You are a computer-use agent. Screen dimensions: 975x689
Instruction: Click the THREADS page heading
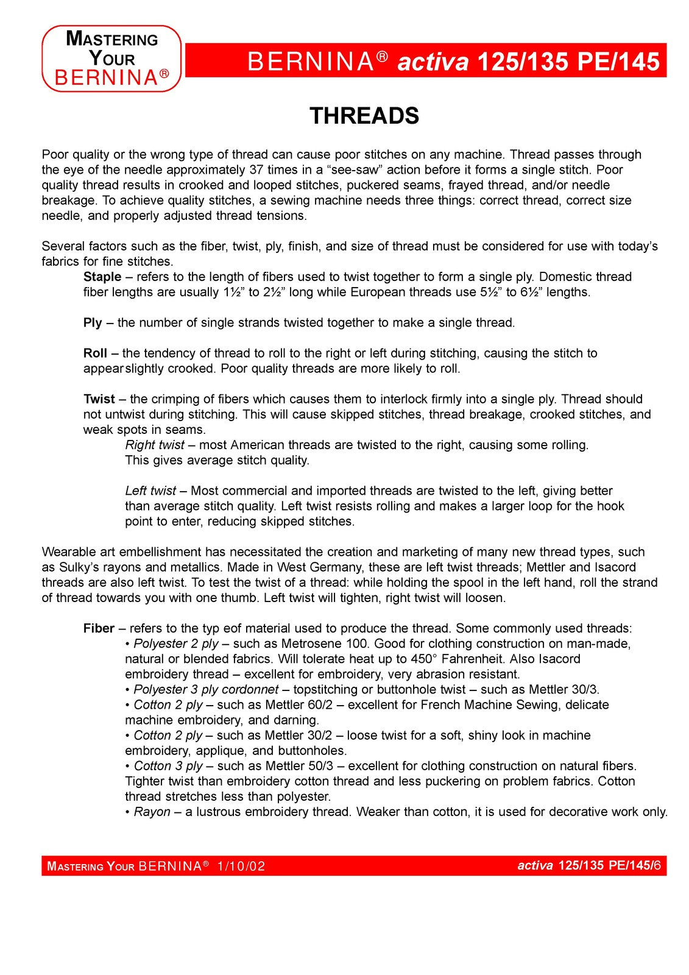(364, 116)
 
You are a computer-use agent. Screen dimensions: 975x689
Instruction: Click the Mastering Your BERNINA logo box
(111, 58)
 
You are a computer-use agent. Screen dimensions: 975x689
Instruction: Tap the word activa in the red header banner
(433, 62)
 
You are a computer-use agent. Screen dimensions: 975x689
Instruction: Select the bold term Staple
(102, 277)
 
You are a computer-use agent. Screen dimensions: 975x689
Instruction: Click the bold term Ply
(93, 322)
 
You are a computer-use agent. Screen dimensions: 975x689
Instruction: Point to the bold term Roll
(95, 353)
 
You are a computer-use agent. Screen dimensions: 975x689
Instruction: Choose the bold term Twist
(99, 399)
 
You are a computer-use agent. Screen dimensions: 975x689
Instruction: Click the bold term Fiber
(99, 628)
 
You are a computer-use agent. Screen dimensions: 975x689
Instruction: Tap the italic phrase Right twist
(155, 445)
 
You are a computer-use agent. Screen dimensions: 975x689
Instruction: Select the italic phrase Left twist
(150, 491)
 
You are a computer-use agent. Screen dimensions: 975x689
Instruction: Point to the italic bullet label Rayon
(152, 812)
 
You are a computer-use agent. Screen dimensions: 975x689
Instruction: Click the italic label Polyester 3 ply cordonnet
(206, 689)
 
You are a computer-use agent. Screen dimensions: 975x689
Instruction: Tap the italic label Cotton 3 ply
(168, 766)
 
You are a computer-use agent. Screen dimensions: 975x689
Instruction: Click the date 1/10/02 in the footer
(241, 866)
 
